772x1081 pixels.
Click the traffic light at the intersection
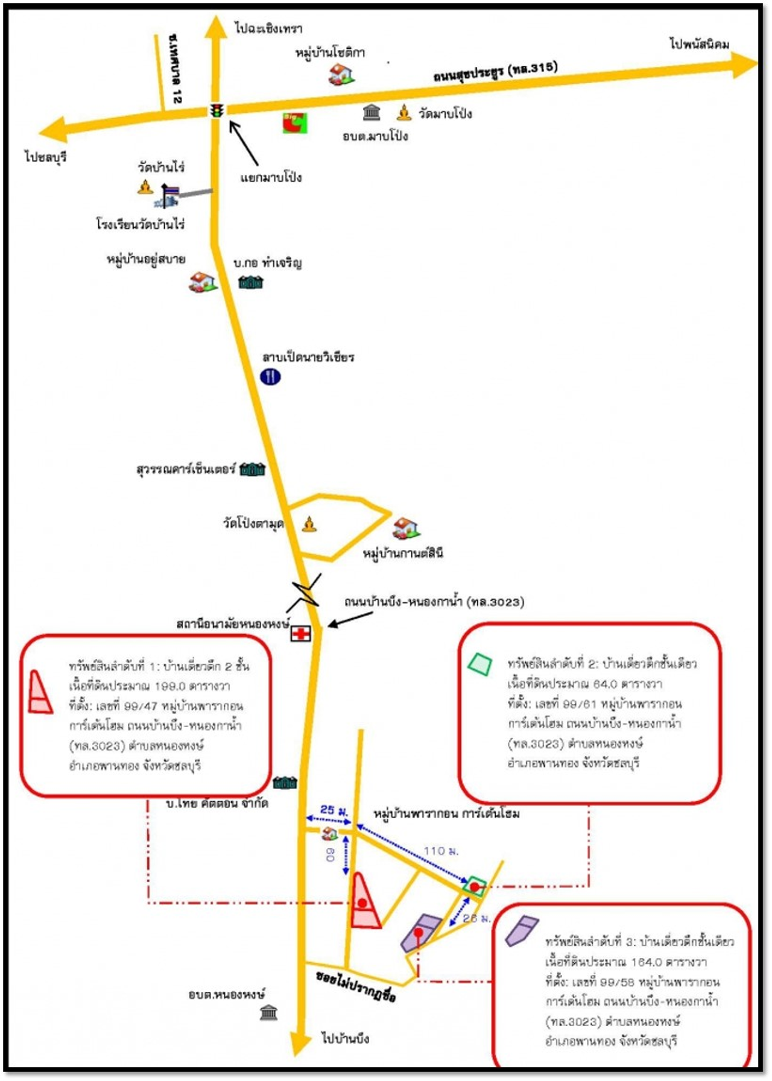[x=217, y=110]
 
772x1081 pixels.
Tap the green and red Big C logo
[x=295, y=122]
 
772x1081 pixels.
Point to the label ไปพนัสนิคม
[x=699, y=44]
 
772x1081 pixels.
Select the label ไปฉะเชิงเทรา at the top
[x=268, y=28]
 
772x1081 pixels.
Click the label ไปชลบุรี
[x=45, y=157]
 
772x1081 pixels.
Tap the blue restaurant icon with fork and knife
[x=270, y=377]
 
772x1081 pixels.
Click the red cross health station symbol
[x=300, y=634]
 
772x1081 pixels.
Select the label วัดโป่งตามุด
[x=253, y=523]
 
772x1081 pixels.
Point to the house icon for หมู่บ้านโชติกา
[x=341, y=74]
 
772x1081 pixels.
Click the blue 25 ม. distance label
[x=334, y=810]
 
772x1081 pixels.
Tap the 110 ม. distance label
[x=441, y=851]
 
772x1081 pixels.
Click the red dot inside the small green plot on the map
[x=475, y=886]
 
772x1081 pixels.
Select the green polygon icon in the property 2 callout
[x=480, y=664]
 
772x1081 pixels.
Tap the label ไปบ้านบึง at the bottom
[x=345, y=1038]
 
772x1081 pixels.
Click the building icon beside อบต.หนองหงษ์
[x=269, y=1013]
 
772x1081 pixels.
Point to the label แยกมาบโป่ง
[x=271, y=177]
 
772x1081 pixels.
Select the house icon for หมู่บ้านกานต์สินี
[x=406, y=529]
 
